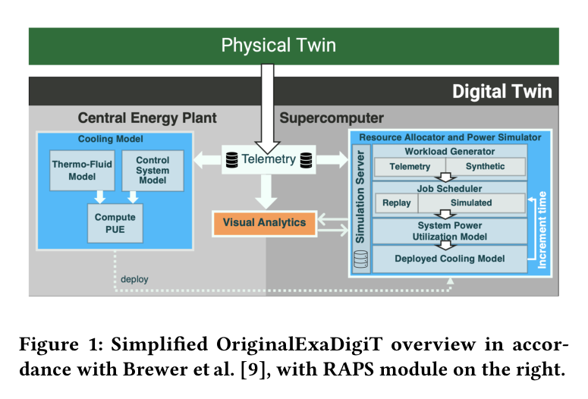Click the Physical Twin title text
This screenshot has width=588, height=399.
coord(278,46)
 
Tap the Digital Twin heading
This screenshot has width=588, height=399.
coord(502,92)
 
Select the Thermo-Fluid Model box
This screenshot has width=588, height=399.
coord(82,170)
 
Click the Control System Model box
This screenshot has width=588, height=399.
coord(153,170)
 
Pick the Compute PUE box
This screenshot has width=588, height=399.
coord(115,223)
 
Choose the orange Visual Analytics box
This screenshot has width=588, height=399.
coord(264,224)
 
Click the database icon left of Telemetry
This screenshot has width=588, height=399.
coord(231,160)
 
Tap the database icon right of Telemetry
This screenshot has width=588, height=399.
coord(306,160)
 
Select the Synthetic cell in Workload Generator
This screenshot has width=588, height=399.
coord(486,166)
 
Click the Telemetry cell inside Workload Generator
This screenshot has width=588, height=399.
coord(410,166)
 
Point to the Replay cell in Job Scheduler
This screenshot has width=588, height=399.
coord(397,203)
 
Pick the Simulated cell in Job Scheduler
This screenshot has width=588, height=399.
coord(471,203)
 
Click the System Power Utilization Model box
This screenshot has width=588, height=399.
coord(450,231)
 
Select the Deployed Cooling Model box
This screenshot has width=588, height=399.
coord(450,259)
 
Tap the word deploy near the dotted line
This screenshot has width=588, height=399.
coord(134,279)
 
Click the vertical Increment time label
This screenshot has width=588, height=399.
coord(542,230)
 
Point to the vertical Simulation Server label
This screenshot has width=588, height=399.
coord(360,196)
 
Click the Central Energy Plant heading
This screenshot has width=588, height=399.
coord(147,118)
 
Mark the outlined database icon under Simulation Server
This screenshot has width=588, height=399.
coord(360,259)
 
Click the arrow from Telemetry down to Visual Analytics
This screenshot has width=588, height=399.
coord(266,192)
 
